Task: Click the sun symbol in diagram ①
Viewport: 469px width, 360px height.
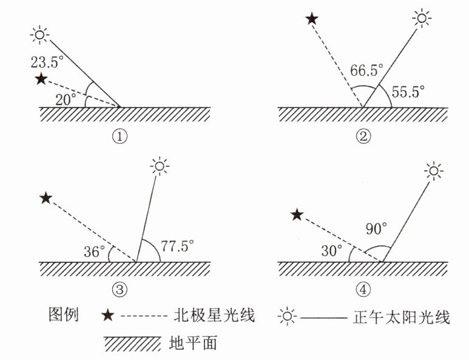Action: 40,35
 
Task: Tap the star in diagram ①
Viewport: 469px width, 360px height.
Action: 41,78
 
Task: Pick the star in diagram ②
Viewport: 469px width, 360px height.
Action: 311,19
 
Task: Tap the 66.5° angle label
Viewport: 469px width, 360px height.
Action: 366,71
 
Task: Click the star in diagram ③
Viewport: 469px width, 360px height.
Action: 45,198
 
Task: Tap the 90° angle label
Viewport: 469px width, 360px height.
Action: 376,229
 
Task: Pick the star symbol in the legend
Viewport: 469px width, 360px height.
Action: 107,315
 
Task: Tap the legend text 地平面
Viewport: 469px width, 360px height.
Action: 193,344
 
